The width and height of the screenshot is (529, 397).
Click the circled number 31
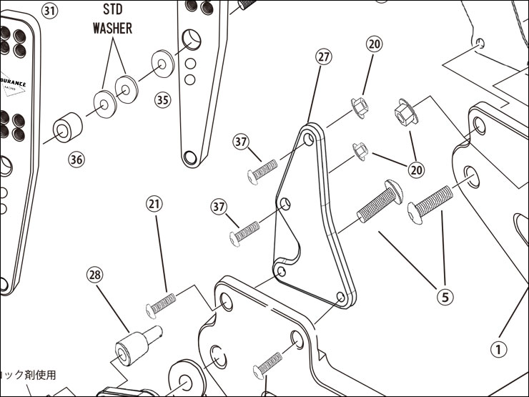click(49, 12)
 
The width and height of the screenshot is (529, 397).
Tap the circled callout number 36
click(76, 160)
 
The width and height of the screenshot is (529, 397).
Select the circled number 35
click(163, 99)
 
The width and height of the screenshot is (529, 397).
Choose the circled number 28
click(95, 274)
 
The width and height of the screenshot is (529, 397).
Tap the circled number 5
click(445, 295)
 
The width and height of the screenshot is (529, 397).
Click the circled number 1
click(498, 350)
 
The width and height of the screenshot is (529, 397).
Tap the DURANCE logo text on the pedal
click(12, 83)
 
